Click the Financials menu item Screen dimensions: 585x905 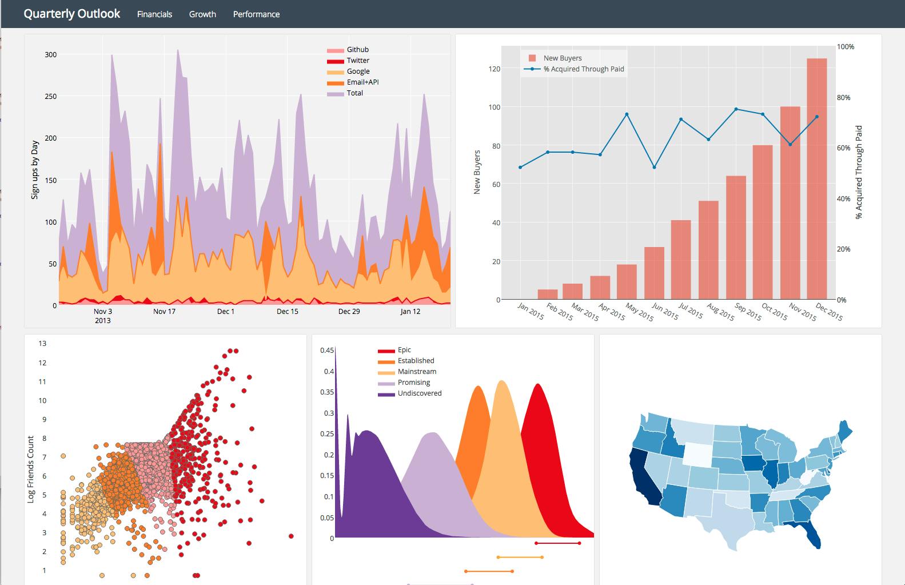click(x=154, y=14)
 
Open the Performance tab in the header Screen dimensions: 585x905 click(x=256, y=14)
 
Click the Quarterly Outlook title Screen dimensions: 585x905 click(x=72, y=14)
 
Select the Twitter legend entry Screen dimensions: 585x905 click(x=357, y=61)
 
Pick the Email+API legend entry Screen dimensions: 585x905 click(x=362, y=82)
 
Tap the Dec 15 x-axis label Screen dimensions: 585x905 click(x=287, y=312)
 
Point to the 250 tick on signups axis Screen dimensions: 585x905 click(x=51, y=96)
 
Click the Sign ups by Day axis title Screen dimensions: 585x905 click(x=35, y=170)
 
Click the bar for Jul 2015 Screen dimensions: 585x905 click(x=681, y=260)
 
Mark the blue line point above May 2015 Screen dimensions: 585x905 click(x=627, y=114)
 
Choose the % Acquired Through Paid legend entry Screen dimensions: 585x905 click(x=583, y=69)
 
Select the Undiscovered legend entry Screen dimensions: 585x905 click(x=419, y=393)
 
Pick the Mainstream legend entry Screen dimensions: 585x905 click(x=417, y=372)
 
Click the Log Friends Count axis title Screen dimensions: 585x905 click(x=31, y=469)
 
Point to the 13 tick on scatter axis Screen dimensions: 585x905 click(x=42, y=344)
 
